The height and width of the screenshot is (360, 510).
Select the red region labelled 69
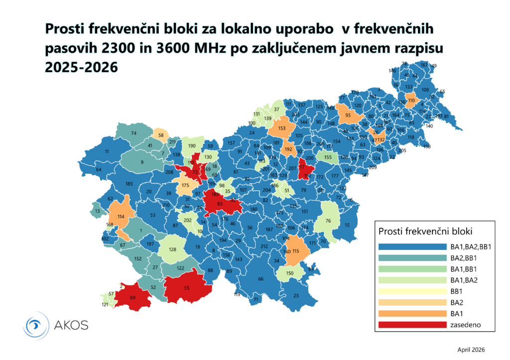tap(132, 298)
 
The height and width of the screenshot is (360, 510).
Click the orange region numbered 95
tap(348, 116)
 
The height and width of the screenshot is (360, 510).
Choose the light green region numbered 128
tap(173, 249)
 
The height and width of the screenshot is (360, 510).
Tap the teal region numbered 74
tap(133, 133)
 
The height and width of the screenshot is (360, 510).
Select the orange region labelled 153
tap(281, 128)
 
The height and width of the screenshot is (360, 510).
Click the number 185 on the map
tap(129, 184)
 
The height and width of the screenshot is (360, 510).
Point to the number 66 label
tap(260, 279)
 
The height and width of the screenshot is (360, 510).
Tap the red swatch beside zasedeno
tap(412, 325)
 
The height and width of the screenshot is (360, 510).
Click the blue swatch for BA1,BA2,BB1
tap(412, 246)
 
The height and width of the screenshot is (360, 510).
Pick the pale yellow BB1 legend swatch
tap(412, 291)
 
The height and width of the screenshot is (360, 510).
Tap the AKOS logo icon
tap(37, 326)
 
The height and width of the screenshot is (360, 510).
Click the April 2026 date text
tap(471, 350)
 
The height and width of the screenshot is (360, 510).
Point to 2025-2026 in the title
tap(82, 66)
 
